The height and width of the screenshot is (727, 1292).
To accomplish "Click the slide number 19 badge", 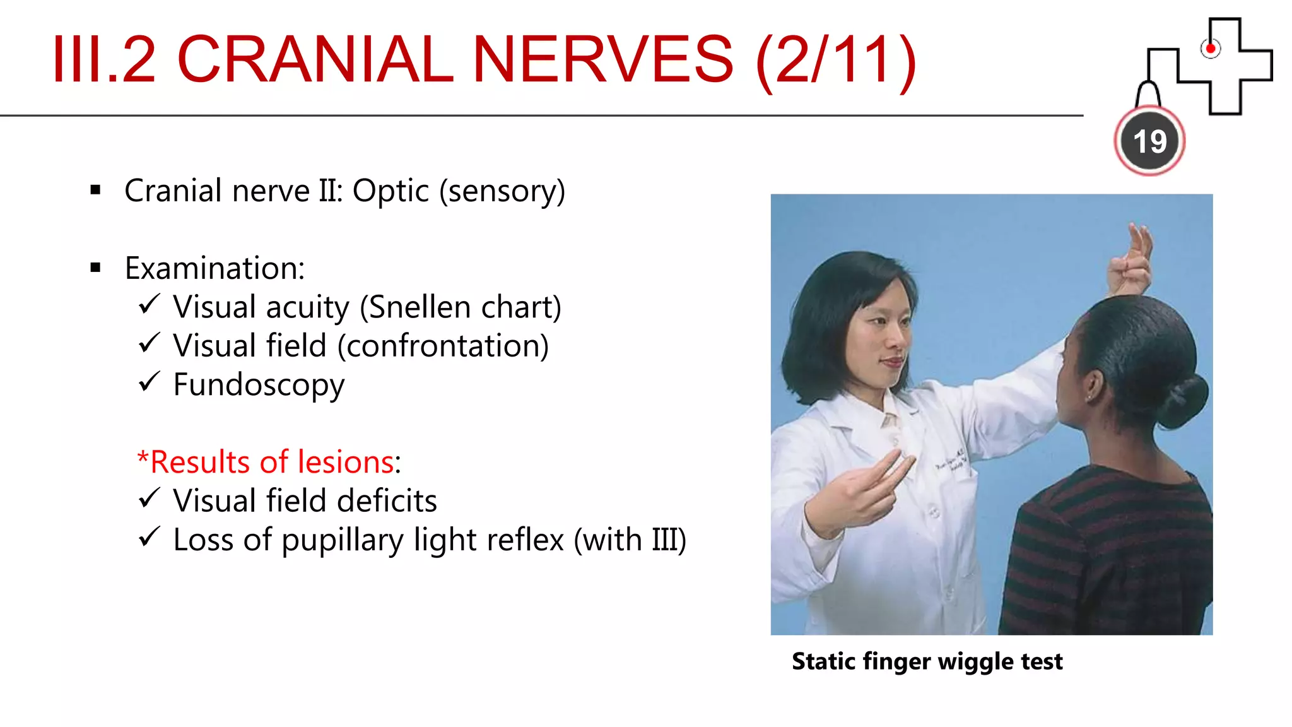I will tap(1149, 141).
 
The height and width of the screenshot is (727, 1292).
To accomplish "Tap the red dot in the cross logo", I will tap(1210, 49).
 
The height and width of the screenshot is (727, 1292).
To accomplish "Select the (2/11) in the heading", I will tap(836, 60).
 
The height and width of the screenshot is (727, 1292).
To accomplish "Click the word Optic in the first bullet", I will tap(391, 191).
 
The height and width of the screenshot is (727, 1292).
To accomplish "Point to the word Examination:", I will tap(214, 268).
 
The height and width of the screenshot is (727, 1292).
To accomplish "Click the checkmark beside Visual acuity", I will tap(150, 305).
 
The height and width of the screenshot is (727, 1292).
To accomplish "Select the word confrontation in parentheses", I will tap(443, 346).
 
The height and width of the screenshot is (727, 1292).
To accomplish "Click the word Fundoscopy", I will tap(259, 385).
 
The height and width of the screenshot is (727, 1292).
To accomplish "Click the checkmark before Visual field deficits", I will tap(150, 499).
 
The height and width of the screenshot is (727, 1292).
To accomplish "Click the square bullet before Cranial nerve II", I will tap(96, 190).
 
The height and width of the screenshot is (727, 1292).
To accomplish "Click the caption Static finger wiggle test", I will tap(927, 661).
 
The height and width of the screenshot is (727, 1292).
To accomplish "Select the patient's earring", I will tap(1089, 398).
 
